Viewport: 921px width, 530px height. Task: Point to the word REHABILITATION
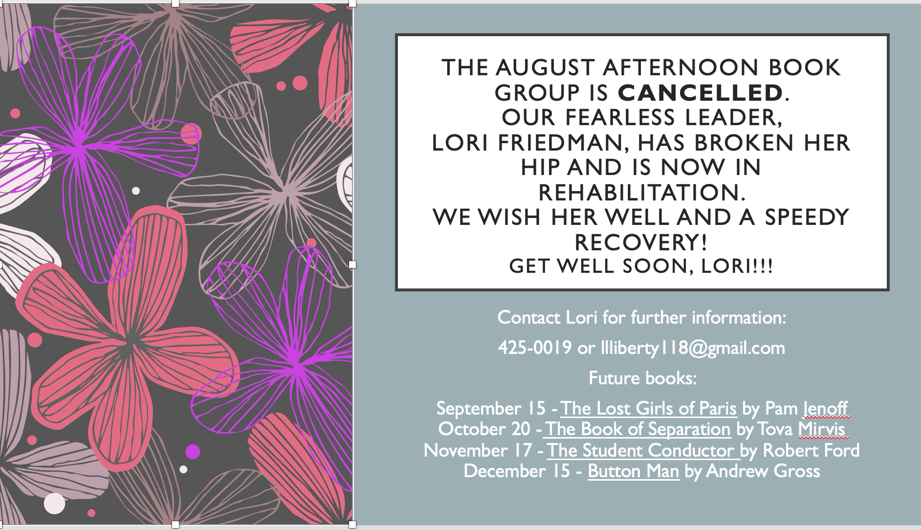click(642, 192)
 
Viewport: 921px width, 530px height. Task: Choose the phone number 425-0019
click(535, 348)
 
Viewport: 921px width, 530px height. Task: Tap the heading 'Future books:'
click(642, 378)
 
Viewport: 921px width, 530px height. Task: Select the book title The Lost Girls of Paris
click(649, 408)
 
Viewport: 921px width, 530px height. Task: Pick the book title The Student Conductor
click(641, 450)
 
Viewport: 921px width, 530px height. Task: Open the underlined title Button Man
click(634, 471)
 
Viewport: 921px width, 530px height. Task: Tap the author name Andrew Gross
click(763, 471)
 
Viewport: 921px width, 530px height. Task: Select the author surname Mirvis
click(821, 429)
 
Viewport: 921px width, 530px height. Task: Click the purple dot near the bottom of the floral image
click(193, 451)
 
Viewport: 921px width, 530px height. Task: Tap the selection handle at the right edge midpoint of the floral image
click(352, 265)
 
